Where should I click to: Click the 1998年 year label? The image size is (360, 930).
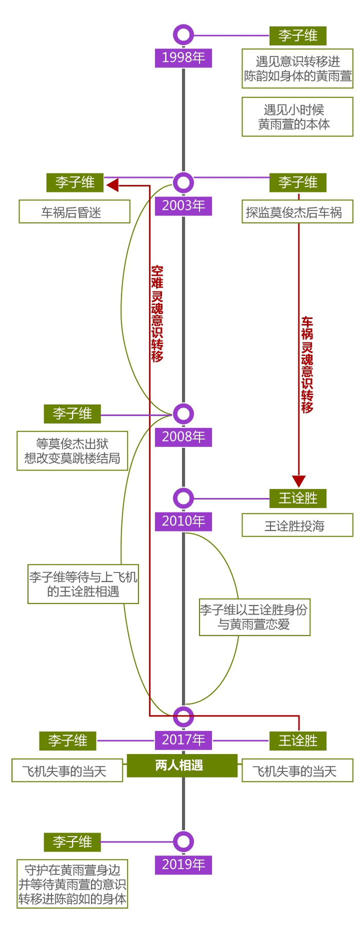[x=184, y=58]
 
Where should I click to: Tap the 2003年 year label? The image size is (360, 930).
[x=184, y=206]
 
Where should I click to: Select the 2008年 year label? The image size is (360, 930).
[x=184, y=437]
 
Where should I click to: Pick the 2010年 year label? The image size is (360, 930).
[x=184, y=522]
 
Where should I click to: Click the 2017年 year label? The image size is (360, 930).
[x=184, y=740]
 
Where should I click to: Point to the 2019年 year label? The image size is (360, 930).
[x=184, y=865]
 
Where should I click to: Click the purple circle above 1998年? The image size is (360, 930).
[x=184, y=35]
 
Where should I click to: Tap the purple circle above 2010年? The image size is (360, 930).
[x=184, y=498]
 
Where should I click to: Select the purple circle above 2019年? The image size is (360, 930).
[x=184, y=842]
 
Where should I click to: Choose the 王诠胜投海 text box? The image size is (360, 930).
[x=298, y=526]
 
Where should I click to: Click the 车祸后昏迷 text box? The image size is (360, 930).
[x=75, y=212]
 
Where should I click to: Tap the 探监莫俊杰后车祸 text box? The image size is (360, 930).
[x=298, y=212]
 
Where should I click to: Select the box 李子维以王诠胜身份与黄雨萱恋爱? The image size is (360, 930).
[x=255, y=617]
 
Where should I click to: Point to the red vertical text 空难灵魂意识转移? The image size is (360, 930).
[x=157, y=314]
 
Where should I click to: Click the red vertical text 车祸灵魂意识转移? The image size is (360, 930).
[x=307, y=365]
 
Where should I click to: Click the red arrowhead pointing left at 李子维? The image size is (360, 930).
[x=112, y=184]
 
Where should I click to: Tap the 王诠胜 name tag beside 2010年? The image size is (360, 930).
[x=298, y=498]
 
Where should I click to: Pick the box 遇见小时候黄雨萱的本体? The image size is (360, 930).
[x=298, y=117]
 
